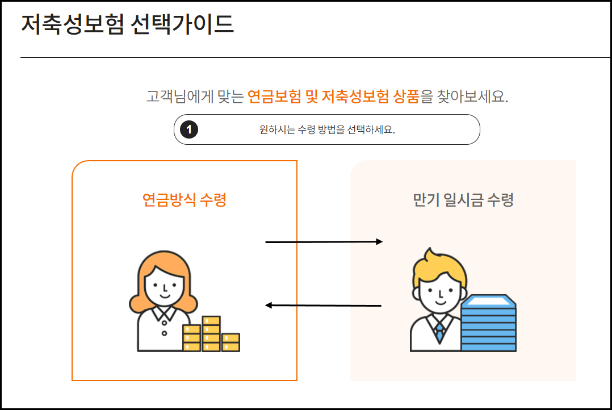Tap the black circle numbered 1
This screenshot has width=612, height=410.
(189, 129)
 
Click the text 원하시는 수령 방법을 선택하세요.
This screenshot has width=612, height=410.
(327, 129)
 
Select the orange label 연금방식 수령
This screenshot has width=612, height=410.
(185, 200)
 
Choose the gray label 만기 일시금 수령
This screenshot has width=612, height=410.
(463, 200)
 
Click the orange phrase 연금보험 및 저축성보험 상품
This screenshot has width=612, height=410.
(333, 97)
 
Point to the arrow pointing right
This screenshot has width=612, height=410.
(324, 242)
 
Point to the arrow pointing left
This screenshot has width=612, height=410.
(324, 306)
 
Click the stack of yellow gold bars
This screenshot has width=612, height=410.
(211, 336)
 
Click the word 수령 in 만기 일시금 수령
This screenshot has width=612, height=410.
(500, 200)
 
